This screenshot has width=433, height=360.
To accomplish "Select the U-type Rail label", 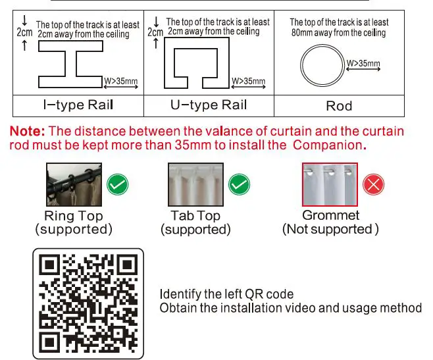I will (208, 105).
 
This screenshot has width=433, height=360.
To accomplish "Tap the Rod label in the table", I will (339, 106).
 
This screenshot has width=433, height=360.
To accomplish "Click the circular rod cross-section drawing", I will (322, 66).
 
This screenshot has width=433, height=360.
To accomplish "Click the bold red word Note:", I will (28, 132).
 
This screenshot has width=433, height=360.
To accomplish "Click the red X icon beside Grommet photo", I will (374, 185).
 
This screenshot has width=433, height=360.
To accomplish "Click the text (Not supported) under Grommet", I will (330, 229).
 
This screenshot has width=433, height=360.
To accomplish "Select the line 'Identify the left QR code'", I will (226, 294).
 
